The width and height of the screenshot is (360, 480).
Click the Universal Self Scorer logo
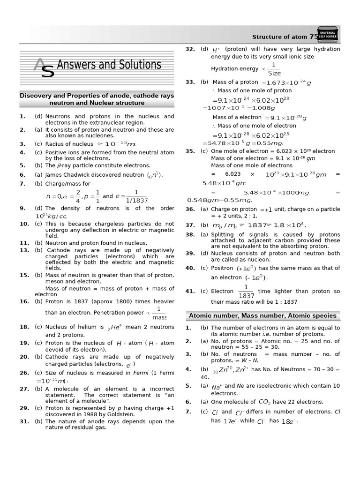pos(329,35)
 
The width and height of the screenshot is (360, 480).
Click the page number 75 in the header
pos(314,37)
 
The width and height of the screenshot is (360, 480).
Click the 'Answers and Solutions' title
pos(109,65)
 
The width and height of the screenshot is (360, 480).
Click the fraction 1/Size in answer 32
pos(274,69)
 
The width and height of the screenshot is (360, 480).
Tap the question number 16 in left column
pos(24,301)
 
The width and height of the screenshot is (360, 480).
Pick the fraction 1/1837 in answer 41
pos(246,291)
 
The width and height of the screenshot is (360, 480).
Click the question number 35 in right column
pos(190,151)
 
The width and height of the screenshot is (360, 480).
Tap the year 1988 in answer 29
pos(84,414)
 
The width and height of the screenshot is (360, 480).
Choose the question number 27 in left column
pos(24,389)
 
